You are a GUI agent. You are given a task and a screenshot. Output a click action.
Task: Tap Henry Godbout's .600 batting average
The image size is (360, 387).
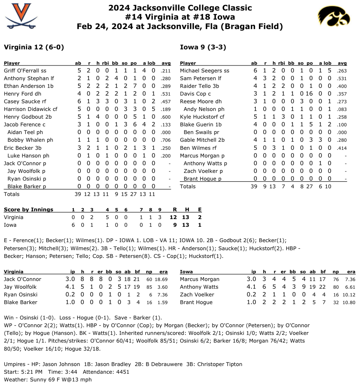coord(166,117)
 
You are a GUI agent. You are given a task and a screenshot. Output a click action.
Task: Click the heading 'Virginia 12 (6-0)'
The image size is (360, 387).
coord(34,47)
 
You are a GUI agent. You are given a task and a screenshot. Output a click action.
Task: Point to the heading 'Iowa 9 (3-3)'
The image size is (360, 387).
coord(200,47)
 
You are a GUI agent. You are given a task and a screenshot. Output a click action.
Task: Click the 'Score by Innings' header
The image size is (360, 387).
coord(29,210)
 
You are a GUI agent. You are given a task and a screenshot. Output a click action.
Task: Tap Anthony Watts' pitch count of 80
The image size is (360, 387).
coord(336,287)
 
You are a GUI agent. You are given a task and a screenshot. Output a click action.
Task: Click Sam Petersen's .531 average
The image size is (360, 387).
coord(342,78)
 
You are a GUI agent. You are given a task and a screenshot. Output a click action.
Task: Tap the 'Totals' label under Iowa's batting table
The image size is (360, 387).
coord(188,187)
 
